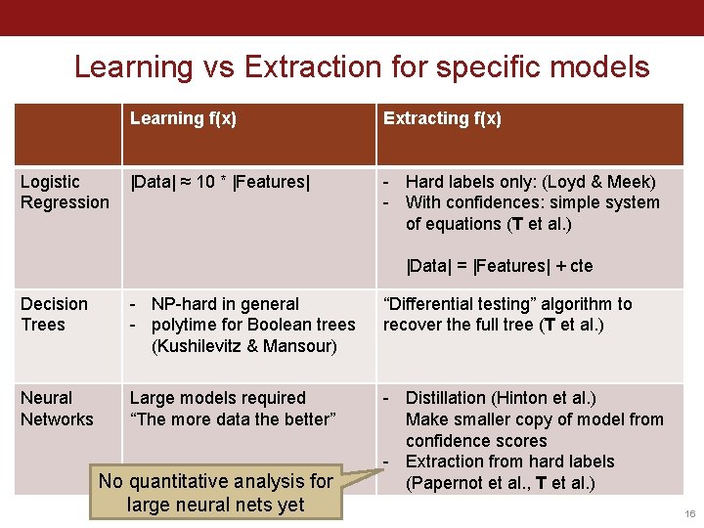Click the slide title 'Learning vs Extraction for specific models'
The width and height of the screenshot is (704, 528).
[x=362, y=66]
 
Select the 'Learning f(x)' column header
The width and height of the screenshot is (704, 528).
[x=183, y=118]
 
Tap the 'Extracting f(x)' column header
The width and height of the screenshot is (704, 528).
[x=442, y=118]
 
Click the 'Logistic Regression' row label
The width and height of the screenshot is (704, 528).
[x=65, y=192]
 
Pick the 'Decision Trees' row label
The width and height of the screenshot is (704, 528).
[x=54, y=314]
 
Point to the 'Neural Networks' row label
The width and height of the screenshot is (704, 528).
[x=57, y=409]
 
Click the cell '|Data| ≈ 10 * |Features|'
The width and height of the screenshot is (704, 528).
[x=220, y=182]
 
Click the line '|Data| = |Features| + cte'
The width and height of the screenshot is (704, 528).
[x=500, y=266]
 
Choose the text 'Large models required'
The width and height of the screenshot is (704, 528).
[x=217, y=398]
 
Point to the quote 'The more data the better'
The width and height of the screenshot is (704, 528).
[x=233, y=419]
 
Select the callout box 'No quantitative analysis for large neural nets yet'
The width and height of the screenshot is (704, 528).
[x=216, y=493]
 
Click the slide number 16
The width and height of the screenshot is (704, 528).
[x=688, y=513]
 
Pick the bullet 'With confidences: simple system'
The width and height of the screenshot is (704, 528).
[x=532, y=202]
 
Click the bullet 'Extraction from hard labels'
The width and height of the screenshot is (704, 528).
[x=509, y=462]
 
